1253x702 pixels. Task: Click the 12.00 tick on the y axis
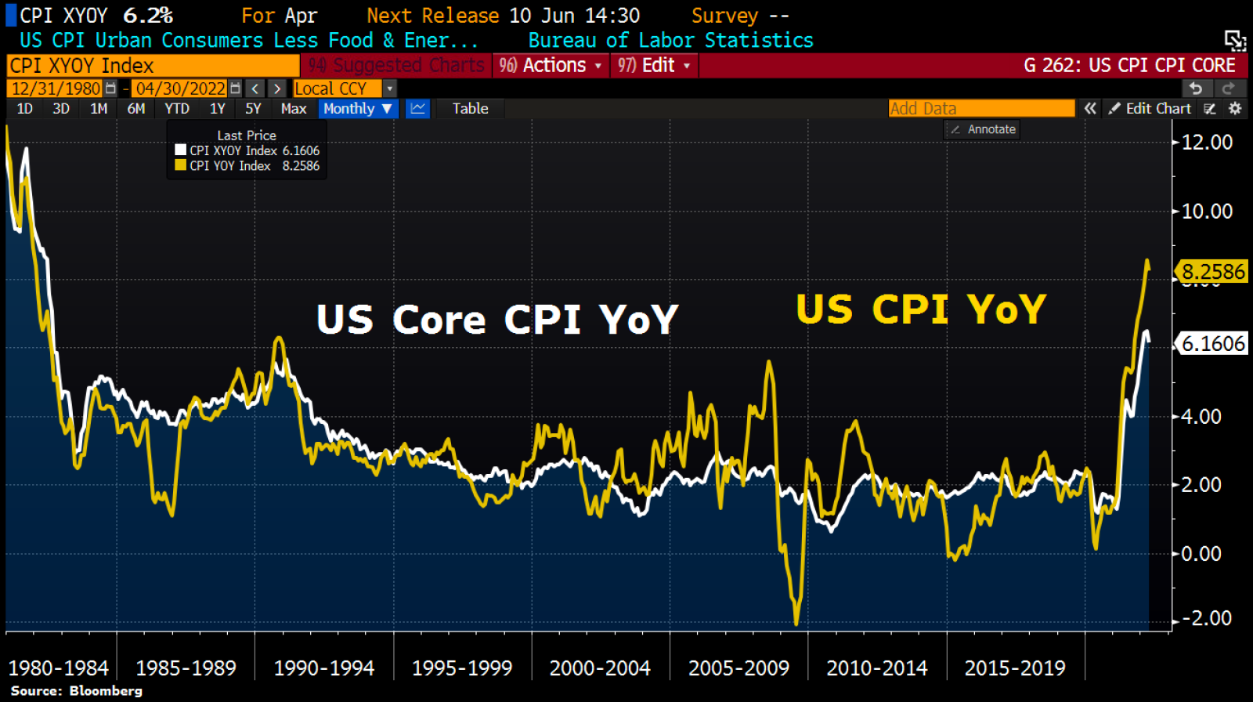coord(1206,143)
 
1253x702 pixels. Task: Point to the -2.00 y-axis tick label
coord(1206,618)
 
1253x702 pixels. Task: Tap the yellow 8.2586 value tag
coord(1212,272)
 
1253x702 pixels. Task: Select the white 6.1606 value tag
coord(1212,343)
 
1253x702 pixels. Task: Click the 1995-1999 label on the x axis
coord(462,668)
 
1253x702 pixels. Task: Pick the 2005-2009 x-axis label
coord(738,668)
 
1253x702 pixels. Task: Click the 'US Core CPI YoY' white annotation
coord(497,320)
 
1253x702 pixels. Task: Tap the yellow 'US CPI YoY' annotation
coord(921,309)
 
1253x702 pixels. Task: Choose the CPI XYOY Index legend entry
coord(247,150)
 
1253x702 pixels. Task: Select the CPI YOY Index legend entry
coord(247,166)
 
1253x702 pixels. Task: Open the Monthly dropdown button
coord(358,109)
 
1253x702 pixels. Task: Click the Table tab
coord(470,109)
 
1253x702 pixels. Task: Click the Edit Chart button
coord(1150,109)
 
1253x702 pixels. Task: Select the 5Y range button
coord(253,109)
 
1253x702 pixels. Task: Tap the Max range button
coord(294,109)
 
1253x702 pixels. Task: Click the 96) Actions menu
coord(551,66)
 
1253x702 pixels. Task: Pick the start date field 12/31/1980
coord(56,89)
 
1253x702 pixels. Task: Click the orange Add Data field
coord(981,109)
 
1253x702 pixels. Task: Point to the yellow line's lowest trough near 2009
coord(796,623)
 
